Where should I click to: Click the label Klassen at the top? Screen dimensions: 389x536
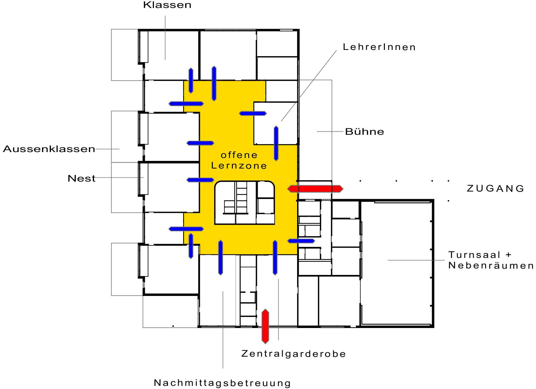(167, 5)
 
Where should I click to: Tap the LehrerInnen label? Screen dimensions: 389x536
(379, 47)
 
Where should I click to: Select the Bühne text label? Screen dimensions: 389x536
(365, 132)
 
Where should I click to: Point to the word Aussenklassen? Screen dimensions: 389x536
(49, 149)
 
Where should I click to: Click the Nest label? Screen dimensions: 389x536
(82, 178)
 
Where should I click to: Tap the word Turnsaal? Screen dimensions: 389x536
(474, 255)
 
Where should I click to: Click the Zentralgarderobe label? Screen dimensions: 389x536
(294, 354)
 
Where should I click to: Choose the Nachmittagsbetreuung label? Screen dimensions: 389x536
(222, 383)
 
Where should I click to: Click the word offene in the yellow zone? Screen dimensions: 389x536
(239, 155)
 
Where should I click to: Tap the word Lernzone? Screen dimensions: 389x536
(239, 166)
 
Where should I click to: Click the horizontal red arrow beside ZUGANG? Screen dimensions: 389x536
(315, 189)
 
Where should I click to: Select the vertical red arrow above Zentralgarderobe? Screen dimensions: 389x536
(265, 326)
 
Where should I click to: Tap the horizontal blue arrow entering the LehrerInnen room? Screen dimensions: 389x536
(253, 113)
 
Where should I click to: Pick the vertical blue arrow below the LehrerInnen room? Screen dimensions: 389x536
(276, 144)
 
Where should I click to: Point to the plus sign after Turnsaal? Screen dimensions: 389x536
(508, 255)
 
